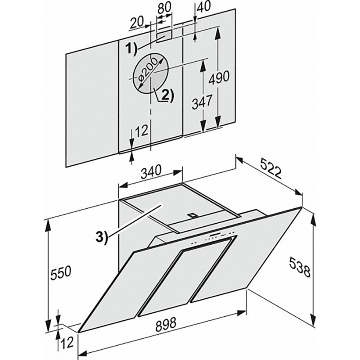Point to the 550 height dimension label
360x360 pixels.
[61, 271]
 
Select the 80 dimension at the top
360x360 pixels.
[164, 9]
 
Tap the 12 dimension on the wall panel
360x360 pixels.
[141, 131]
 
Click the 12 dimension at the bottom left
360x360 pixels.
[67, 343]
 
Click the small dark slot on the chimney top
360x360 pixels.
[193, 215]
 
